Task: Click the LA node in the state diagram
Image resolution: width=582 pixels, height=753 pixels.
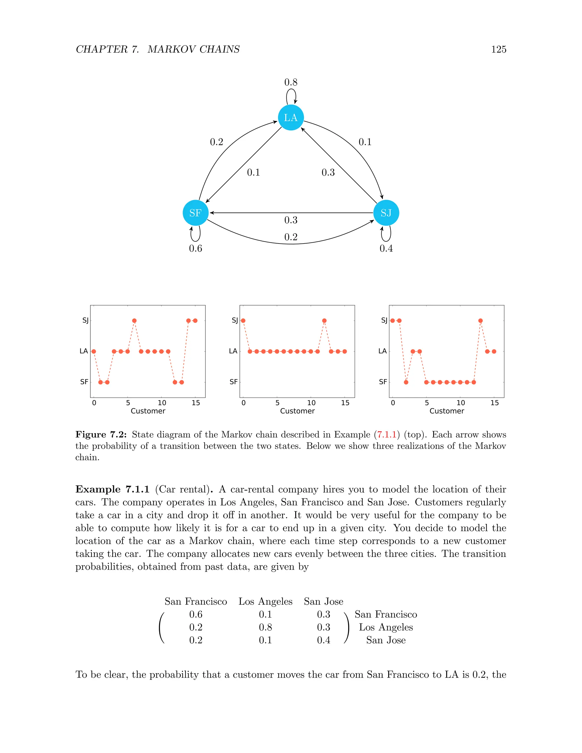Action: click(x=291, y=118)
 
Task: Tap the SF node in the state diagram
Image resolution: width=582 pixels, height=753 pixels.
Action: click(x=196, y=213)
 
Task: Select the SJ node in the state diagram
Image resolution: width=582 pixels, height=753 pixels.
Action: click(x=386, y=213)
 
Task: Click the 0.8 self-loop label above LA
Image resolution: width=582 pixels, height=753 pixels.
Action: click(x=291, y=82)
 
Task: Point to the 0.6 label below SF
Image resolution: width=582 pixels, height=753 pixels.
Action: click(x=196, y=249)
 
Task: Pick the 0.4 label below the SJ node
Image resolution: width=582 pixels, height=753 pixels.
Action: click(x=386, y=249)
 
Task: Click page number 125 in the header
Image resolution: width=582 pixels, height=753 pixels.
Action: click(x=498, y=49)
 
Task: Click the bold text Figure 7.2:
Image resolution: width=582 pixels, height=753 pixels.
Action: click(x=101, y=434)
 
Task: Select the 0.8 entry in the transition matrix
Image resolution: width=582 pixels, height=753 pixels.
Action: click(x=265, y=627)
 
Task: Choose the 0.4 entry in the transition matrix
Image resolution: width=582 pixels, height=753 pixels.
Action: click(x=323, y=640)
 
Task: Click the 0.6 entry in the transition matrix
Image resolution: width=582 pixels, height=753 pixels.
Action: click(x=196, y=614)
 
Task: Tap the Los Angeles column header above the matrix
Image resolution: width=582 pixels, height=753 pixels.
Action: click(x=265, y=602)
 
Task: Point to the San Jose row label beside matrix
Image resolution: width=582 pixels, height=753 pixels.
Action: click(x=386, y=640)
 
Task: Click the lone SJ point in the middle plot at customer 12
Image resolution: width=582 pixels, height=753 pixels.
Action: click(x=324, y=321)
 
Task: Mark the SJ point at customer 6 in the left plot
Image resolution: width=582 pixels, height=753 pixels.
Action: click(x=134, y=321)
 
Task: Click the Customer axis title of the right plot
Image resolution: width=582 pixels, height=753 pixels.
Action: click(x=446, y=411)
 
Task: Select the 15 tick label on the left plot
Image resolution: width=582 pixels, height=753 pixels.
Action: click(x=196, y=403)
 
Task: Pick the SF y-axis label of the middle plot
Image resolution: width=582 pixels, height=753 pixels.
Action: click(x=233, y=382)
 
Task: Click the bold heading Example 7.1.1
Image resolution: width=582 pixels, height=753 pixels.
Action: click(x=113, y=489)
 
